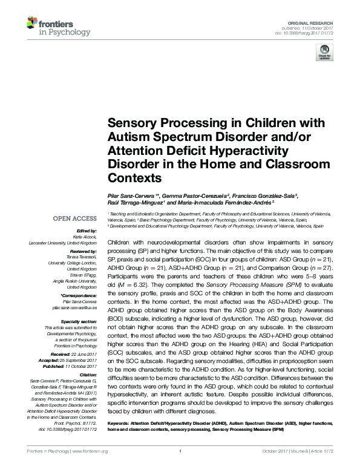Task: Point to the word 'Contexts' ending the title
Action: [x=134, y=179]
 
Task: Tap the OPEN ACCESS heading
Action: [x=75, y=218]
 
